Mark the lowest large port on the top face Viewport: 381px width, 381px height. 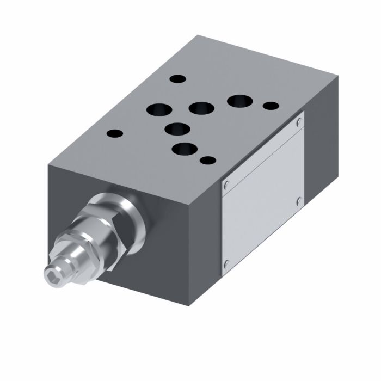click(x=183, y=149)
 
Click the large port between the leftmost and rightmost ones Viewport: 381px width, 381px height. click(x=201, y=108)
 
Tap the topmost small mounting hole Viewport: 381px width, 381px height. click(x=177, y=79)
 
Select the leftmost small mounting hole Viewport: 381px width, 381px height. click(x=114, y=133)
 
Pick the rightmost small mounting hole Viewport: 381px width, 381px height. click(x=271, y=106)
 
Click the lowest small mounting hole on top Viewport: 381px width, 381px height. click(x=207, y=160)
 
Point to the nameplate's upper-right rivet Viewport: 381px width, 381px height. click(x=299, y=123)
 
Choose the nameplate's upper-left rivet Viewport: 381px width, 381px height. click(x=227, y=184)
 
